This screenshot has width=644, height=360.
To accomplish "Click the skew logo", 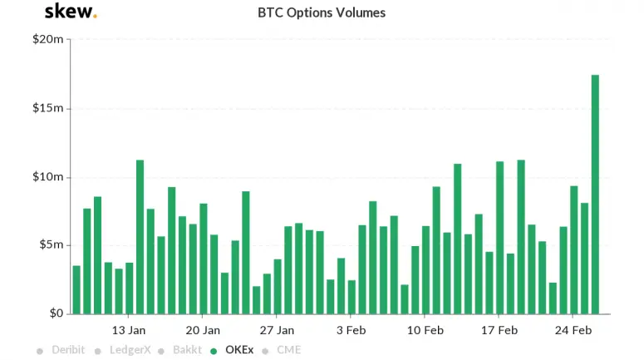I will [x=70, y=12].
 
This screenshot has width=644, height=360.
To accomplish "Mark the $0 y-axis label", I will [x=54, y=313].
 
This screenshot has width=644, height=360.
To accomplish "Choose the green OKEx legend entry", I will [x=235, y=350].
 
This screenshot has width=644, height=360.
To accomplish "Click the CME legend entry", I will [x=284, y=350].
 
